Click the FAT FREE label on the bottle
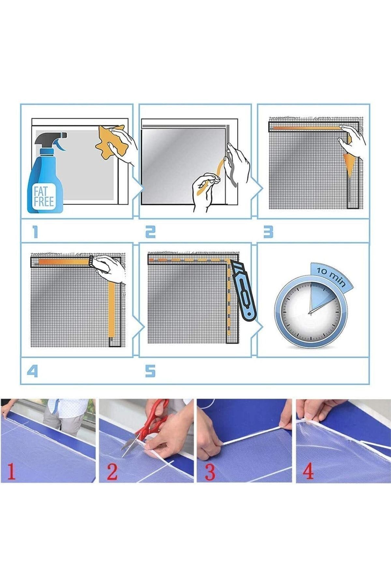click(44, 196)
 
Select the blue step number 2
click(150, 232)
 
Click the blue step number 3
click(268, 232)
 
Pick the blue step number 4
click(32, 371)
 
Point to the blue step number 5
click(150, 371)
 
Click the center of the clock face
click(310, 313)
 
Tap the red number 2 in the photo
click(112, 472)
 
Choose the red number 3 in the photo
click(210, 472)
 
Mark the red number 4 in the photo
click(308, 471)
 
